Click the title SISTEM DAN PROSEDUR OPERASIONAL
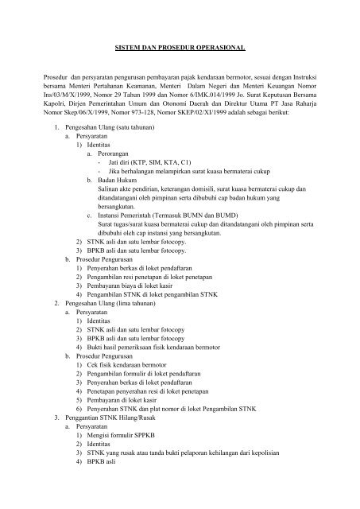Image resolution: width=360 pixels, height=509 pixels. [x=179, y=48]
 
